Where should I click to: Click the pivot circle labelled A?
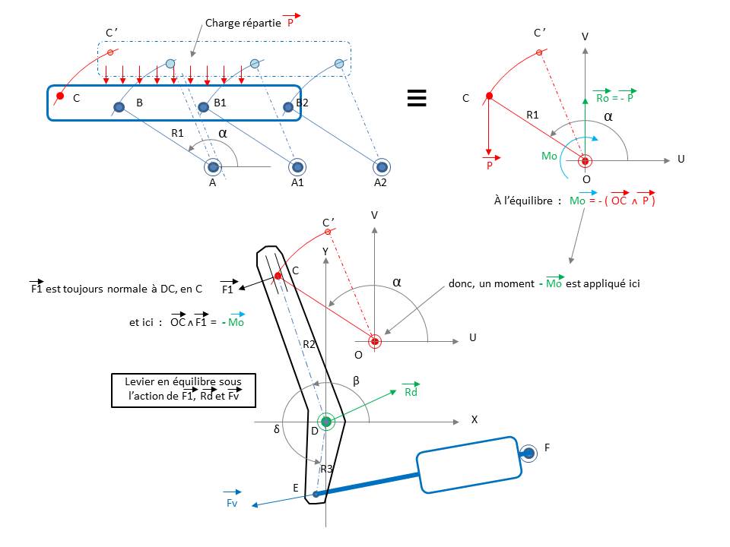pos(213,166)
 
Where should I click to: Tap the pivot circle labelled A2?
pos(380,166)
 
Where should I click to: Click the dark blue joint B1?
pos(204,107)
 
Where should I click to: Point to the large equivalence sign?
pos(415,100)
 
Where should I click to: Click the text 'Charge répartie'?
pos(242,24)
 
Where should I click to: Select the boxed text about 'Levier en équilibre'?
pos(183,390)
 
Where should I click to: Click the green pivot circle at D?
pos(326,421)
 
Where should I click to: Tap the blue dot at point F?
pos(528,454)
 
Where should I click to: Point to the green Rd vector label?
pos(411,392)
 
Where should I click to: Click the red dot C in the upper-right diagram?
pos(489,96)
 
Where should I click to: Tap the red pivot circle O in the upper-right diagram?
pos(585,160)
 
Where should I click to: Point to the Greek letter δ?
pos(277,429)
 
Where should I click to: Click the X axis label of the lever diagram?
pos(474,419)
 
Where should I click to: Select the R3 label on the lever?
pos(326,469)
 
